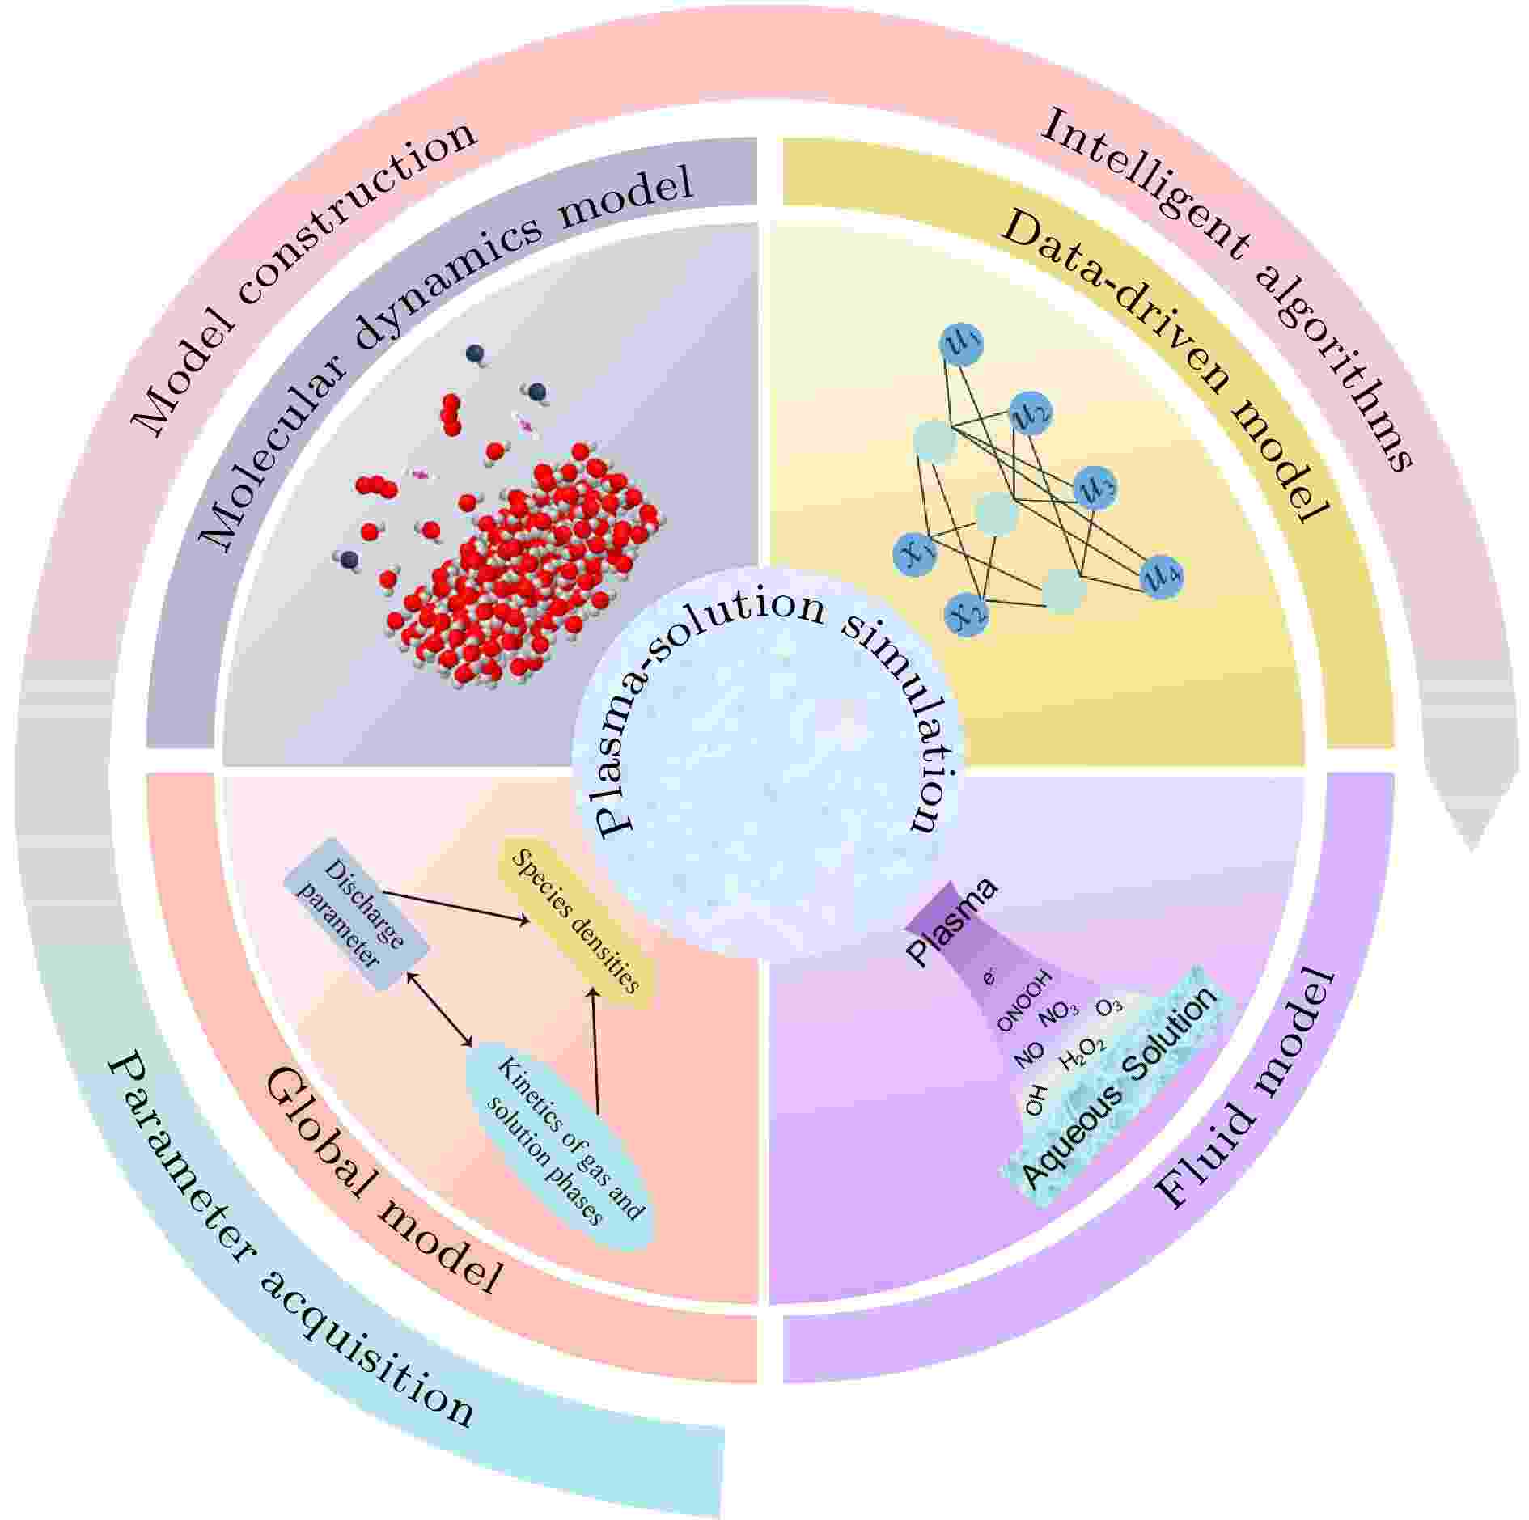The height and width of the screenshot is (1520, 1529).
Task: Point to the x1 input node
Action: tap(917, 554)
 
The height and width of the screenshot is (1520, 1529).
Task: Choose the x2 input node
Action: tap(968, 613)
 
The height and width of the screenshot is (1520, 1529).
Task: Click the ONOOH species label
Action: tap(1024, 1001)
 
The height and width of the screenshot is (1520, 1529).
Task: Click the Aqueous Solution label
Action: tap(1121, 1088)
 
